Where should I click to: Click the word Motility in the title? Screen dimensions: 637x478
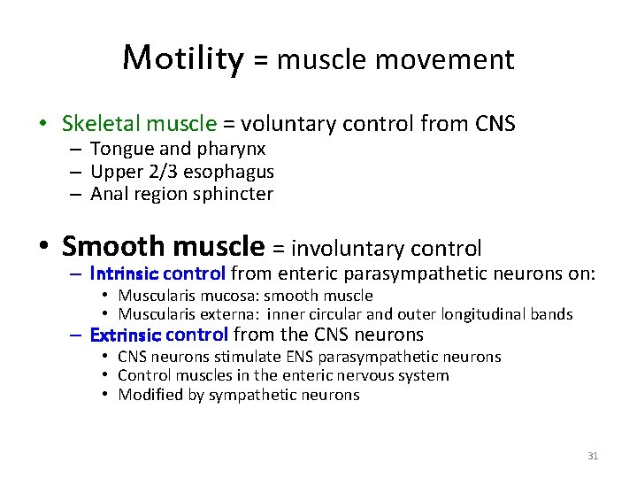tap(182, 58)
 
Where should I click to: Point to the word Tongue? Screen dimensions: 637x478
tap(119, 150)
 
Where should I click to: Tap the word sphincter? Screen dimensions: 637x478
tap(237, 194)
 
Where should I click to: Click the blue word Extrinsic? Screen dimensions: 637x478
tap(125, 335)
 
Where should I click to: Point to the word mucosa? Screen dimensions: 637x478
tap(218, 296)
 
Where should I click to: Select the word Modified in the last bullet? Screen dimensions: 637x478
tap(150, 395)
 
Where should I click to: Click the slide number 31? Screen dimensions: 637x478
tap(593, 456)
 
